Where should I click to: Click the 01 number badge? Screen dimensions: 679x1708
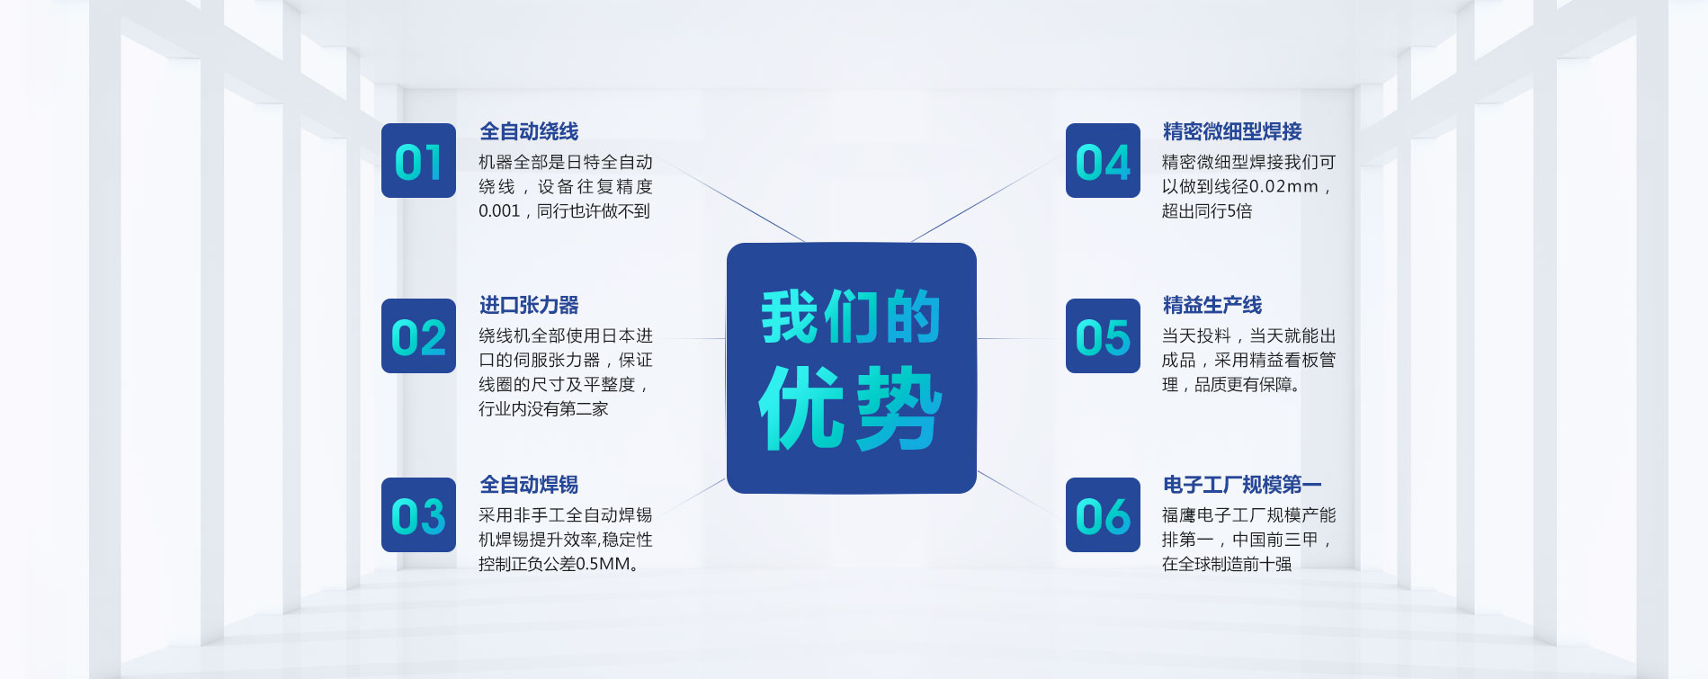click(x=418, y=161)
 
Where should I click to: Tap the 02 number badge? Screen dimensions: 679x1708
click(x=418, y=336)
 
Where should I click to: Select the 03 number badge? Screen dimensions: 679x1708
click(x=418, y=515)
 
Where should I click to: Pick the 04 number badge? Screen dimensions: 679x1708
click(x=1103, y=161)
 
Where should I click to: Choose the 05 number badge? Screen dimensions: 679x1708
click(x=1103, y=336)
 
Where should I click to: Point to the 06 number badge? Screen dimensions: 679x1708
click(x=1103, y=515)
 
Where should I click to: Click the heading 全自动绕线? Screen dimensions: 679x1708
click(x=529, y=132)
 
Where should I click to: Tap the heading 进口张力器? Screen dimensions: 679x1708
click(x=529, y=306)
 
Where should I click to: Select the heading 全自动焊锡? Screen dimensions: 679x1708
click(x=529, y=486)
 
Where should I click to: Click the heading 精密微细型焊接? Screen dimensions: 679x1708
click(x=1232, y=132)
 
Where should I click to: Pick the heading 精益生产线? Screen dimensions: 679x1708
click(x=1212, y=306)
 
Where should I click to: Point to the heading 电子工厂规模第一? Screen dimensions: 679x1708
click(x=1242, y=486)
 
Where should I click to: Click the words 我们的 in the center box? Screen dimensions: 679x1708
click(x=851, y=317)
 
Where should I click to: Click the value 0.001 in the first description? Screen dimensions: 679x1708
click(x=499, y=211)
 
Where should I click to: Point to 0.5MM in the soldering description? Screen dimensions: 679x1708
click(x=603, y=565)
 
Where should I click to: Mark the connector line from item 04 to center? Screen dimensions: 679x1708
click(x=985, y=200)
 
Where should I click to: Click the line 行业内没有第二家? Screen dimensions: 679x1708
click(x=543, y=409)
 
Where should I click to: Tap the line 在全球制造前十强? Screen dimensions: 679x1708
click(x=1227, y=565)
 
